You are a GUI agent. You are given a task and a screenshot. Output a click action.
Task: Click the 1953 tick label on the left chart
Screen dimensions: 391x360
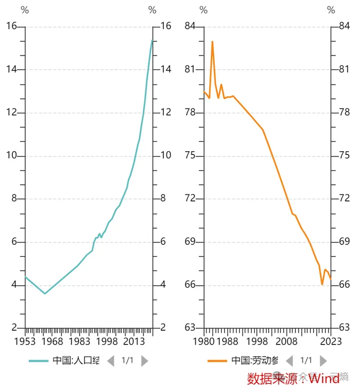tap(25, 341)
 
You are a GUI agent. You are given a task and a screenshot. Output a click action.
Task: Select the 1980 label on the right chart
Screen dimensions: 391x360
tap(204, 341)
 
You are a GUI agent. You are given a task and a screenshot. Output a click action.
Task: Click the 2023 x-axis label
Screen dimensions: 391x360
tap(331, 341)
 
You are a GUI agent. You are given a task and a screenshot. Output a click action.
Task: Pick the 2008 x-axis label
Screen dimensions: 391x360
tap(286, 341)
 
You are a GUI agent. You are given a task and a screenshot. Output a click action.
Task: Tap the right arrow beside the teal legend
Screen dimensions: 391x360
tap(144, 361)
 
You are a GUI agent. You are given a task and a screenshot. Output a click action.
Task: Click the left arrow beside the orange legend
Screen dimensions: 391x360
tap(289, 361)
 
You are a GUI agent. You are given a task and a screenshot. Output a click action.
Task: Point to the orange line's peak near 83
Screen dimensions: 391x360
tap(212, 41)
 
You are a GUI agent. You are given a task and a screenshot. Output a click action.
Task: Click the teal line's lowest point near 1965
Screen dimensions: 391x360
tap(45, 293)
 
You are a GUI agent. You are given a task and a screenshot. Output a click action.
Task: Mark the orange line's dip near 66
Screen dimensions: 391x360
tap(322, 284)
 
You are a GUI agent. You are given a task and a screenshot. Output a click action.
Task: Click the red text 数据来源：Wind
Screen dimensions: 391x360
tap(293, 379)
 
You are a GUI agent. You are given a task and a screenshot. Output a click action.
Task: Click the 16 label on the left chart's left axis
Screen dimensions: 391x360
tap(11, 26)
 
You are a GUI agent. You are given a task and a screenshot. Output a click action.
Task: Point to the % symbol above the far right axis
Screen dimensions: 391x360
tap(331, 10)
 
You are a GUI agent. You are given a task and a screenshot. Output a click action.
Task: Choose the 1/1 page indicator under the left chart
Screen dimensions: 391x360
tap(127, 361)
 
